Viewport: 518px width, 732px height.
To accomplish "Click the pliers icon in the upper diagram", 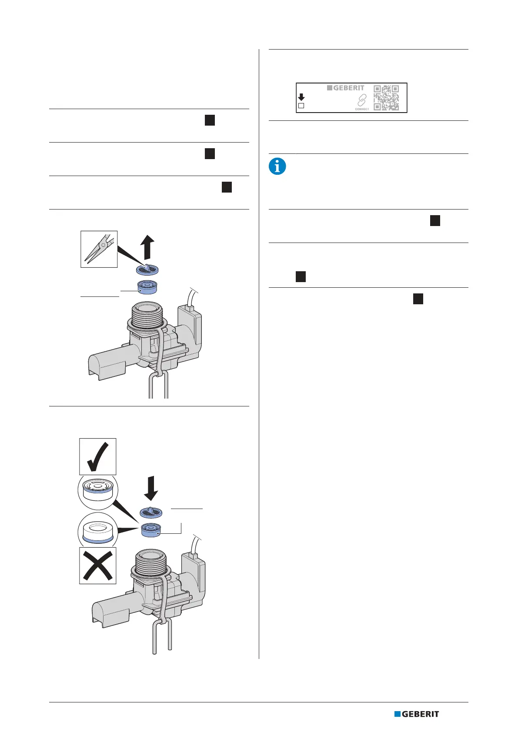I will [x=99, y=249].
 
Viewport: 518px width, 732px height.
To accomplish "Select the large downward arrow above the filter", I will [x=151, y=488].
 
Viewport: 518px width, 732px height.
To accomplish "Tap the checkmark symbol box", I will [x=98, y=456].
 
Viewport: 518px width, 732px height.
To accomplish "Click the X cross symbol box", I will [x=98, y=565].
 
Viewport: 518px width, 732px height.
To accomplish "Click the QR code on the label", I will [x=386, y=98].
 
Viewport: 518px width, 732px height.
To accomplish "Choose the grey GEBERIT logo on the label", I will [x=346, y=88].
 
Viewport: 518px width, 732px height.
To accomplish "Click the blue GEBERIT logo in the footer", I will [x=417, y=714].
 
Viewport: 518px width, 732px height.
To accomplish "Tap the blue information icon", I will [x=277, y=166].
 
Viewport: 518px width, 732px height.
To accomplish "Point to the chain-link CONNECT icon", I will [x=361, y=101].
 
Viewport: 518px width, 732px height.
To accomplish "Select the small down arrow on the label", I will [x=301, y=97].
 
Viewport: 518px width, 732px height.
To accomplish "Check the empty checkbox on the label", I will [x=301, y=106].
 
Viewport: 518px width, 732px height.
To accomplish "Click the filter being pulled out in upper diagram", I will [x=147, y=270].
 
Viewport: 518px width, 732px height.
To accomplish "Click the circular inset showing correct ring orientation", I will [x=98, y=492].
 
